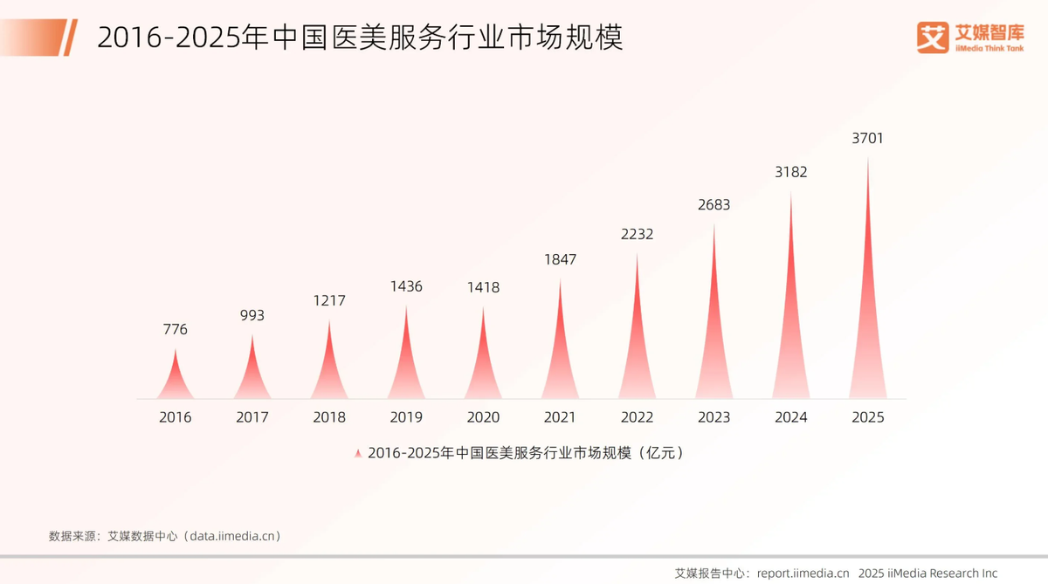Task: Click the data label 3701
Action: (x=867, y=139)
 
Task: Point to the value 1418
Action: (x=483, y=287)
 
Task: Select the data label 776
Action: (x=176, y=330)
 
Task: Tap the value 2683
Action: (x=714, y=205)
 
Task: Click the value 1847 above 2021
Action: (x=560, y=259)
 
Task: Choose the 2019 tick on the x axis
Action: (x=406, y=417)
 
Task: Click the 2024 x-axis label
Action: (x=790, y=417)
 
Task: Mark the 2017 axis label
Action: (x=252, y=417)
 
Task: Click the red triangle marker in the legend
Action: (x=357, y=454)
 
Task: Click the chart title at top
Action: (x=360, y=38)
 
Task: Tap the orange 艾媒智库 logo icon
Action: (x=932, y=37)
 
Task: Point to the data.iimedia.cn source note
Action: (x=164, y=535)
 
